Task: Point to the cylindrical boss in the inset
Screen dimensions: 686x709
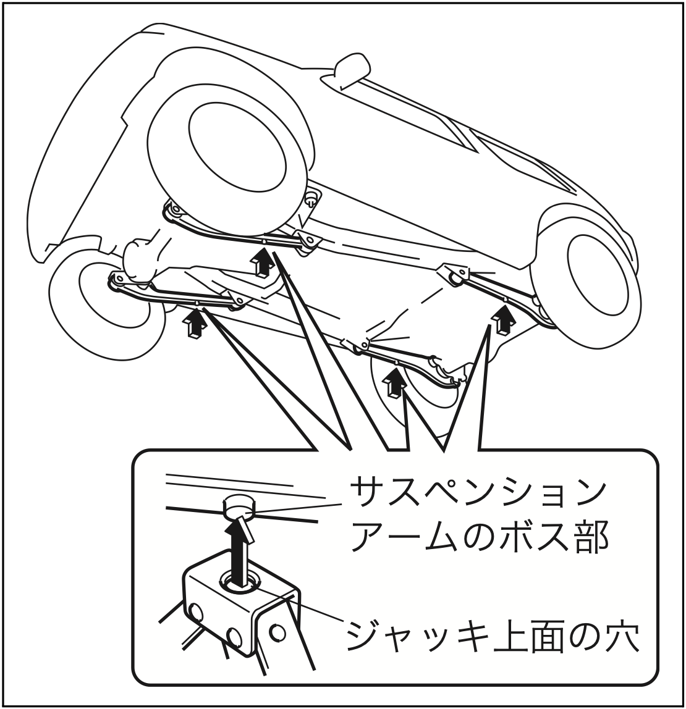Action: (240, 508)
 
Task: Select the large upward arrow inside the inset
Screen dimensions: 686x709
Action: (240, 551)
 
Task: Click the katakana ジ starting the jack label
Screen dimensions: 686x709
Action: (366, 637)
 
